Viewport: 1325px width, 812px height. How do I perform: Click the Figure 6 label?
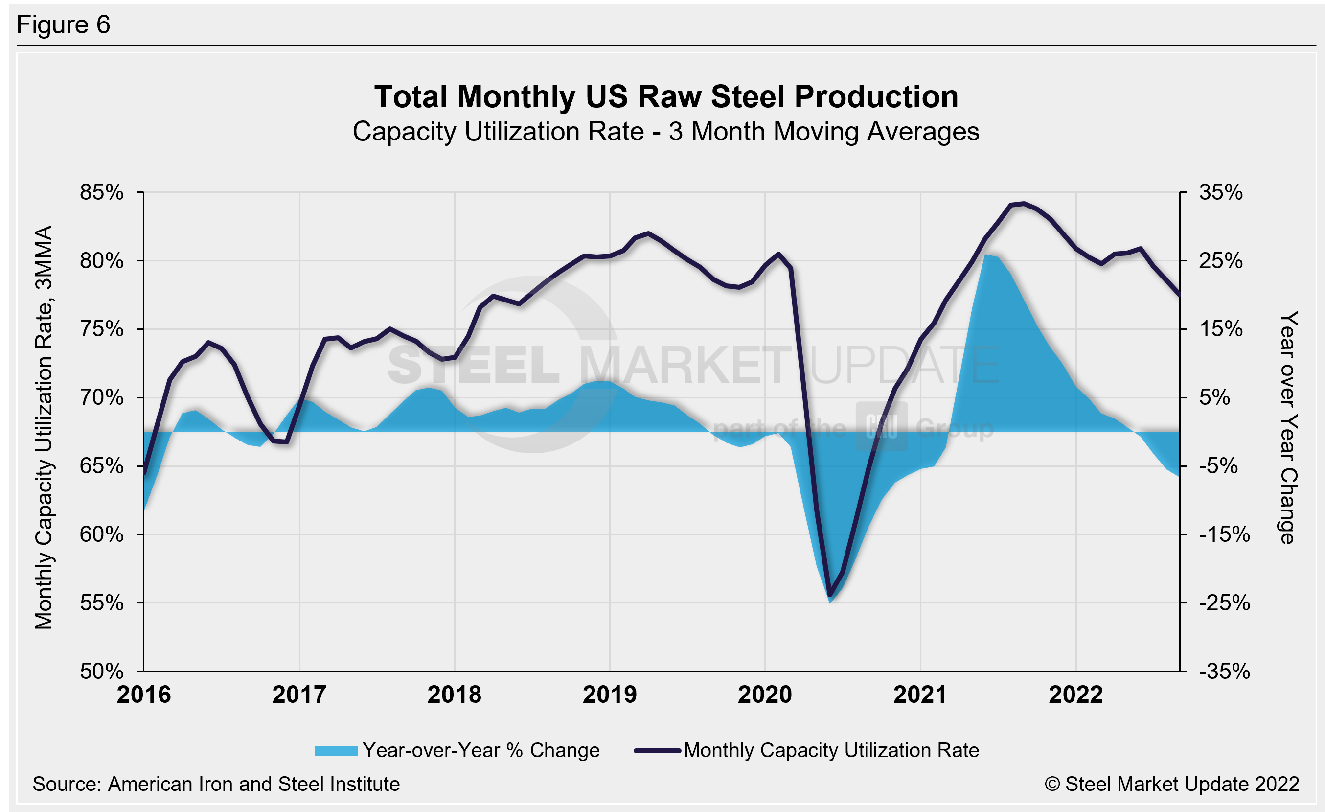pos(63,25)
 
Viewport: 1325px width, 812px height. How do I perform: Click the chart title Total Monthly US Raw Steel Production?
pos(666,97)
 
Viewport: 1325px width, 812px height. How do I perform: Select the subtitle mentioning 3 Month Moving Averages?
pos(666,132)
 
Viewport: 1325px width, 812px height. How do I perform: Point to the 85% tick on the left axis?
pos(102,192)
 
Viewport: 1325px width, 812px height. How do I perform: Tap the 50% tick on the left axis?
pos(102,671)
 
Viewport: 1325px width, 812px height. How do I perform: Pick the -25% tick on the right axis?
pos(1224,603)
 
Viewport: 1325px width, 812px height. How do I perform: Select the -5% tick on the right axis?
pos(1218,465)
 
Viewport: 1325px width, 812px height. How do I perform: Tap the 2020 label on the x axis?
pos(765,695)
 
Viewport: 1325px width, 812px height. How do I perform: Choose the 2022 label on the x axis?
pos(1075,695)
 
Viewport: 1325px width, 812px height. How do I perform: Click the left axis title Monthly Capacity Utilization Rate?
pos(44,427)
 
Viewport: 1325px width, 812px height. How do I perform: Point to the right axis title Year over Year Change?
pos(1288,427)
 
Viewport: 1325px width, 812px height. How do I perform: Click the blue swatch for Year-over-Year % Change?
pos(336,751)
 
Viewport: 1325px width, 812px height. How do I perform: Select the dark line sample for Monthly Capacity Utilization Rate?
pos(657,751)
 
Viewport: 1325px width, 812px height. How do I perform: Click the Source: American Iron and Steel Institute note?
pos(216,784)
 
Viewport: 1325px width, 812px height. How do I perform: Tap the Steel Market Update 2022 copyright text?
pos(1172,784)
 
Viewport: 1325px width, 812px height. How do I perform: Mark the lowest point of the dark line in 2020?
pos(830,595)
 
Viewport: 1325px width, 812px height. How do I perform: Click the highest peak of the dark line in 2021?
pos(1023,203)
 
